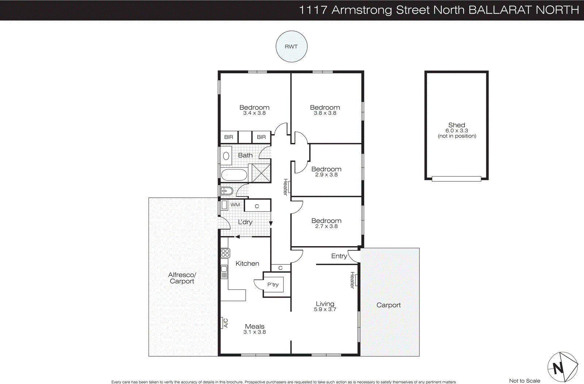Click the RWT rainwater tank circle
(x=291, y=46)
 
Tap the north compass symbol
(x=562, y=367)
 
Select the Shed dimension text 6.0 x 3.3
(x=456, y=131)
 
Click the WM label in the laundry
(x=235, y=205)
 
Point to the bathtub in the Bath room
(x=234, y=175)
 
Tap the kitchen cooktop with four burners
(x=225, y=253)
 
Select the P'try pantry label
(x=273, y=285)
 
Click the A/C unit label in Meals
(x=225, y=323)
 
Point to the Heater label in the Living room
(x=352, y=280)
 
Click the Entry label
(x=339, y=256)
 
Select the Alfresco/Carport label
(x=182, y=278)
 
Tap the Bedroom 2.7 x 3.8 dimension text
(x=326, y=226)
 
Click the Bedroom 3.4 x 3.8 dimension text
(x=254, y=113)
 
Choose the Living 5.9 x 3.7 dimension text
(x=325, y=309)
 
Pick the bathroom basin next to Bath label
(x=226, y=156)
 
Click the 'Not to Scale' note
(x=525, y=381)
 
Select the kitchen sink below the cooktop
(x=224, y=272)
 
